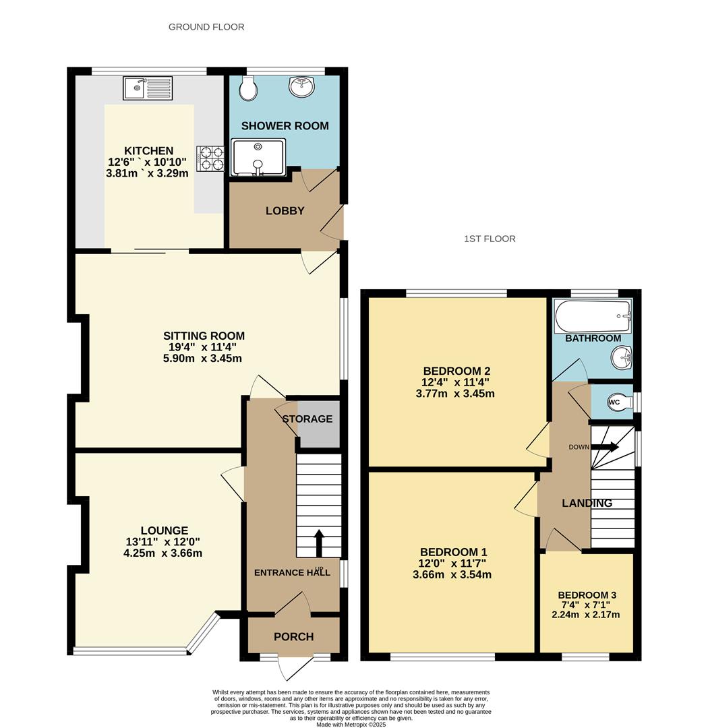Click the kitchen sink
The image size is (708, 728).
pos(148,88)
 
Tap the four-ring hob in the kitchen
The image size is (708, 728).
pos(210,158)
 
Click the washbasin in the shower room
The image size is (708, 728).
pos(302,86)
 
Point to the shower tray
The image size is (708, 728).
pos(258,157)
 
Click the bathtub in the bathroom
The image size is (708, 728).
pos(593,316)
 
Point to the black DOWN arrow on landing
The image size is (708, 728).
pos(605,447)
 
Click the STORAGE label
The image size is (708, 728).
pos(307,419)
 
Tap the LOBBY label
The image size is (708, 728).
pos(285,211)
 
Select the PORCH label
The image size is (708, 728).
pos(293,636)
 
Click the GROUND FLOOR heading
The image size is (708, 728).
pos(206,27)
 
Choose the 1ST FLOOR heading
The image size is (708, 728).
pos(490,239)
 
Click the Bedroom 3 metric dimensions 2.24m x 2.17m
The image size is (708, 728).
pos(586,615)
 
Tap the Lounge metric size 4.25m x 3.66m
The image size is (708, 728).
pos(163,553)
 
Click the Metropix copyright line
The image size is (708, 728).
pos(351,724)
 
